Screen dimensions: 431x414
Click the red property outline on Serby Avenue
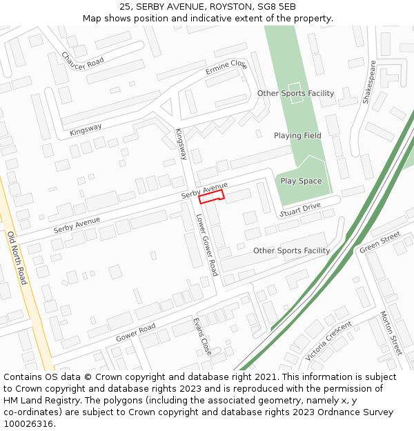tap(211, 198)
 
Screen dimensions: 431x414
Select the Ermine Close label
tap(226, 68)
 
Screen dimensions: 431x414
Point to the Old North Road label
tap(17, 258)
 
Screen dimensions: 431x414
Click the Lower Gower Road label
tap(206, 245)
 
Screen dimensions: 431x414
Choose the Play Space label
tap(301, 181)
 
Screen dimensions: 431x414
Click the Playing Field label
tap(297, 136)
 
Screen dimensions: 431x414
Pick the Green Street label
tap(379, 242)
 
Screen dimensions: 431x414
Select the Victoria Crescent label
tap(328, 341)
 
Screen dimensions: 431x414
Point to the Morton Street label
tap(391, 333)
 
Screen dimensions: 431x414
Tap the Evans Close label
tap(202, 336)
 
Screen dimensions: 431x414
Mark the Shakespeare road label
tap(369, 82)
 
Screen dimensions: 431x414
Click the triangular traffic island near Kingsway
tap(166, 108)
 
